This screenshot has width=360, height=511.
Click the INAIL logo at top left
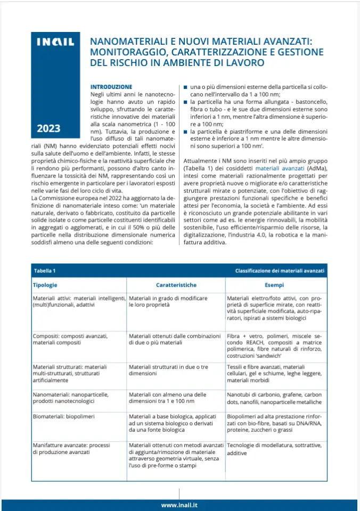55,43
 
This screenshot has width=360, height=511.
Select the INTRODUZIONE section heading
111,86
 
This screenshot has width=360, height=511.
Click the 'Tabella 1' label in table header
44,271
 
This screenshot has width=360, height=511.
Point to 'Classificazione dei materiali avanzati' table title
280,271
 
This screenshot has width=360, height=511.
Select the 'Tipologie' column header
45,285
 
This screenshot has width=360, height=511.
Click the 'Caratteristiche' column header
176,285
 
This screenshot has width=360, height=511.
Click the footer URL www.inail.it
179,504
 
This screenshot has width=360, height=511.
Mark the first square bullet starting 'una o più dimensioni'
185,86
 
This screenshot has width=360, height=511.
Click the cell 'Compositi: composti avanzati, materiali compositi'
70,340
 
